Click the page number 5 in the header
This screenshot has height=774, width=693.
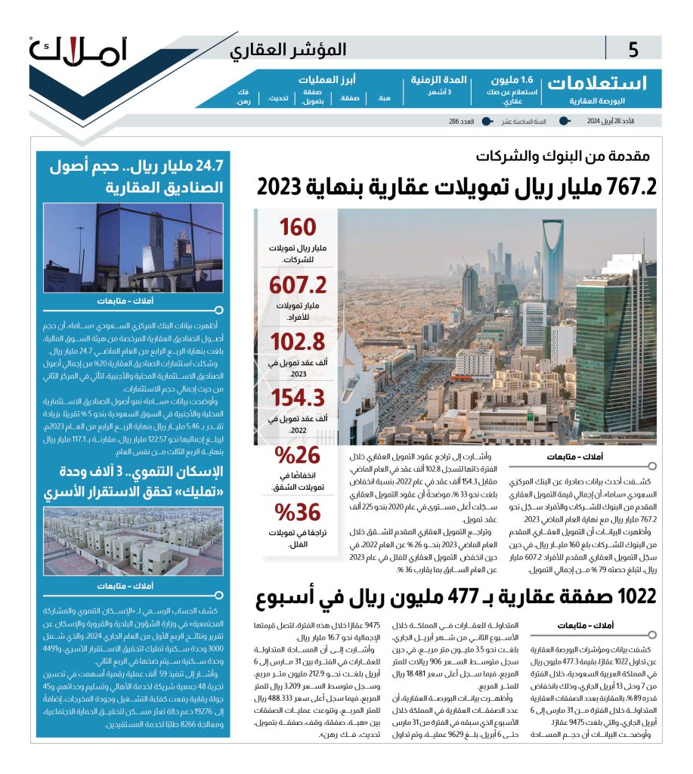[633, 51]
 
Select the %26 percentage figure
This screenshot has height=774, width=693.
[297, 456]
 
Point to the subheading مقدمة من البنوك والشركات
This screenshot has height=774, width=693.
[563, 157]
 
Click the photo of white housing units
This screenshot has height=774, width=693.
[133, 541]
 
